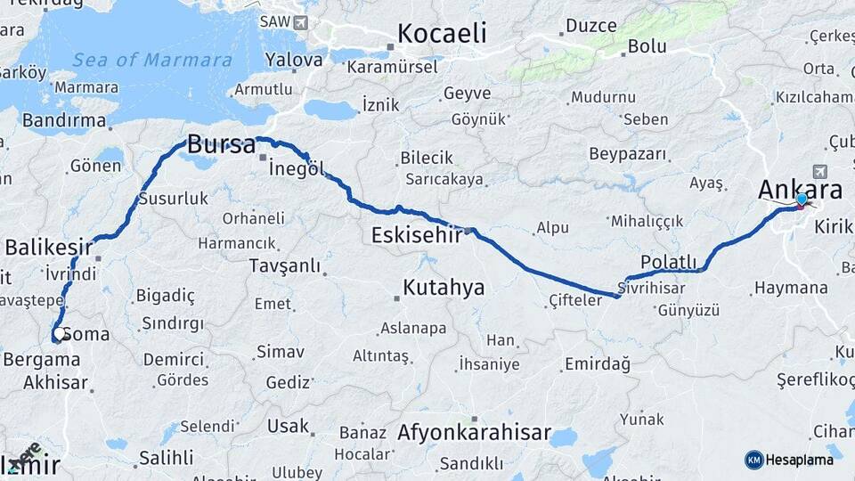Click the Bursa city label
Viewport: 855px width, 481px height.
pos(221,144)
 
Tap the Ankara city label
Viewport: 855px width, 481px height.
pos(800,189)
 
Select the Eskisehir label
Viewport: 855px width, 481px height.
pos(417,236)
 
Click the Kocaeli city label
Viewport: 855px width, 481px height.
pos(442,34)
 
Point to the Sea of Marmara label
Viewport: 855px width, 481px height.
pos(152,60)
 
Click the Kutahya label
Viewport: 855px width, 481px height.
pos(444,287)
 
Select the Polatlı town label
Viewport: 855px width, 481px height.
pos(667,261)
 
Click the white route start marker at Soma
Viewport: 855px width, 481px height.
pos(59,335)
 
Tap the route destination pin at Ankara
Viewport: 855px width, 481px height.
pos(802,200)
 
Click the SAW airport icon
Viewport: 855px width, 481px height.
pos(299,21)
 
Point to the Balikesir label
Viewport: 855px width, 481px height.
pos(50,246)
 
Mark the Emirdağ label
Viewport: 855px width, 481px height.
pos(597,363)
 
